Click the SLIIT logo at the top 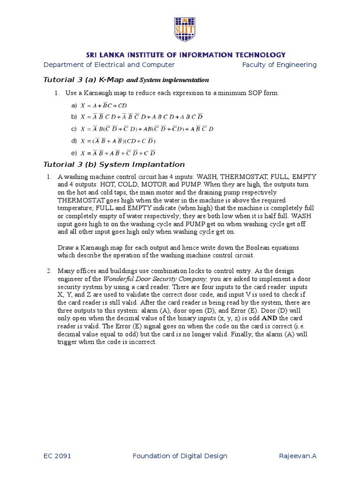point(184,29)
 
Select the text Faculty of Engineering point(279,65)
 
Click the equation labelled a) point(104,105)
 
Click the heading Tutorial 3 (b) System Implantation point(114,165)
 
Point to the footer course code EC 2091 point(57,456)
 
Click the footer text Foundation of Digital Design point(180,456)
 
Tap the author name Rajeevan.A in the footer point(298,456)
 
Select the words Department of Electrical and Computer point(109,65)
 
